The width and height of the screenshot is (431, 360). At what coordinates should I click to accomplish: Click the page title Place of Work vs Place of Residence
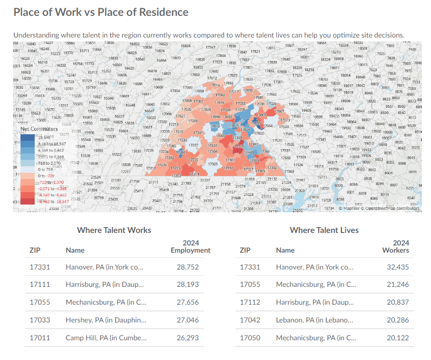point(101,12)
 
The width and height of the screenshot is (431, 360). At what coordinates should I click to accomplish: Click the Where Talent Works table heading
point(114,230)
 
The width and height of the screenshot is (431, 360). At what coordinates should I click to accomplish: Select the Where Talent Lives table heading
point(324,230)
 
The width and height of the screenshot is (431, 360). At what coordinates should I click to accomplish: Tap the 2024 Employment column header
point(191,246)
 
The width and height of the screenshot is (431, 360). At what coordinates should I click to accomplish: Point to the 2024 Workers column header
point(395,246)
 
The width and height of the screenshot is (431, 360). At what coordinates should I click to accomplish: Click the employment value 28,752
point(187,267)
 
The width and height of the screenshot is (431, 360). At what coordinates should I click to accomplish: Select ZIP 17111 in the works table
point(40,284)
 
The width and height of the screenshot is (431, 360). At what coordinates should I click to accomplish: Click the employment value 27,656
point(187,302)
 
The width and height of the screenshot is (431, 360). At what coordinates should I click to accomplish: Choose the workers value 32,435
point(398,267)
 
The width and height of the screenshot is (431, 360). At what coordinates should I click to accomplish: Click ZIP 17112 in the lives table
point(250,302)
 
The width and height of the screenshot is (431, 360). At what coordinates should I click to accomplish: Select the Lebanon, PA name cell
point(314,320)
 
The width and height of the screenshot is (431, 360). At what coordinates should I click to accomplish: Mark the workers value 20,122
point(398,337)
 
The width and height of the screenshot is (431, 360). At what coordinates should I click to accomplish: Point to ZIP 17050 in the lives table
point(250,337)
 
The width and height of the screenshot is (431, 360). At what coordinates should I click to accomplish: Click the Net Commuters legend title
point(39,129)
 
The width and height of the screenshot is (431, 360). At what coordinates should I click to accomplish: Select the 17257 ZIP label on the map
point(194,145)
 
